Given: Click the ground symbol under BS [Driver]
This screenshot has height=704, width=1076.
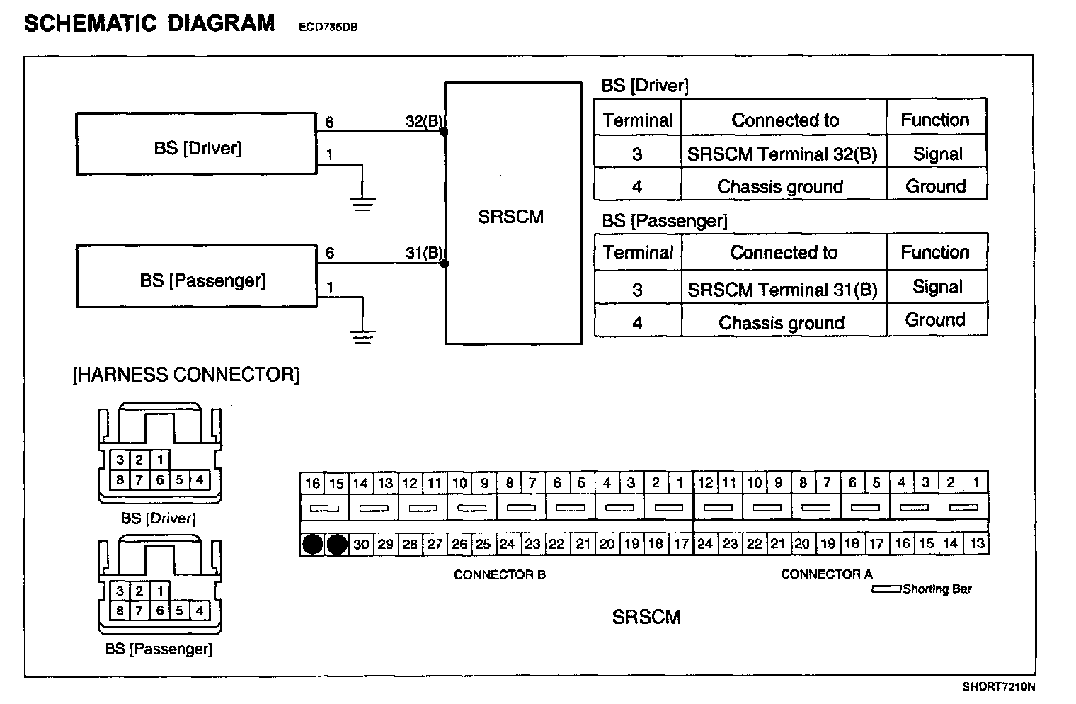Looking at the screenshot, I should point(362,205).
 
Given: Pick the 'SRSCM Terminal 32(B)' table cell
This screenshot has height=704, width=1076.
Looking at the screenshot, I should point(782,154).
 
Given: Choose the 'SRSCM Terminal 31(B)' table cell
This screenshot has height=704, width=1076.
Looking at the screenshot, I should point(782,290).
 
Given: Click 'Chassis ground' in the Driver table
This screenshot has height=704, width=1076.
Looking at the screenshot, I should point(780,187).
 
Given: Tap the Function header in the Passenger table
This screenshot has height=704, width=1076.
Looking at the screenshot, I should point(935,252).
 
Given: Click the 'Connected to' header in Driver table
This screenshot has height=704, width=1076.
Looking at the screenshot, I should point(785,120).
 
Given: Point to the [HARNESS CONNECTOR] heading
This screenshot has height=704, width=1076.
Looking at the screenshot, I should point(185,375).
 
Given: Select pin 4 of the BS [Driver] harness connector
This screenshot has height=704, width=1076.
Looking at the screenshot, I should point(200,479).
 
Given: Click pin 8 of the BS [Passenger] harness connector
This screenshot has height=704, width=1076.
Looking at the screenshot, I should point(120,611).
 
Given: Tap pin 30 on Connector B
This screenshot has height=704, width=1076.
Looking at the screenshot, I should point(361,544).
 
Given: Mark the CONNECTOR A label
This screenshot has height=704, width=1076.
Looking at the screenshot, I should point(826,574).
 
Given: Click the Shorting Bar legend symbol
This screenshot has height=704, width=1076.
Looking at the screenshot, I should point(886,589).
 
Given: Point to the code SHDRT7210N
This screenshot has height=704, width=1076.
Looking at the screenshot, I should point(998,687).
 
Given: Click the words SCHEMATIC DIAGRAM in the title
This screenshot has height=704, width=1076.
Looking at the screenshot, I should point(149,24).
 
